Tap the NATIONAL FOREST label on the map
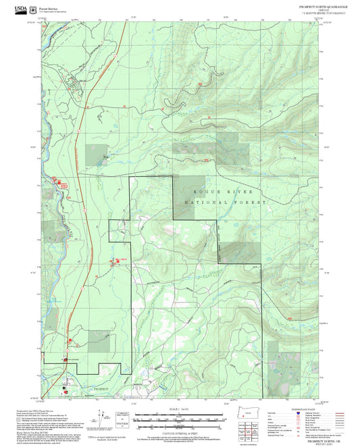(218, 203)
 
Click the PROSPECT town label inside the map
(101, 389)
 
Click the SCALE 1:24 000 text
(178, 410)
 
